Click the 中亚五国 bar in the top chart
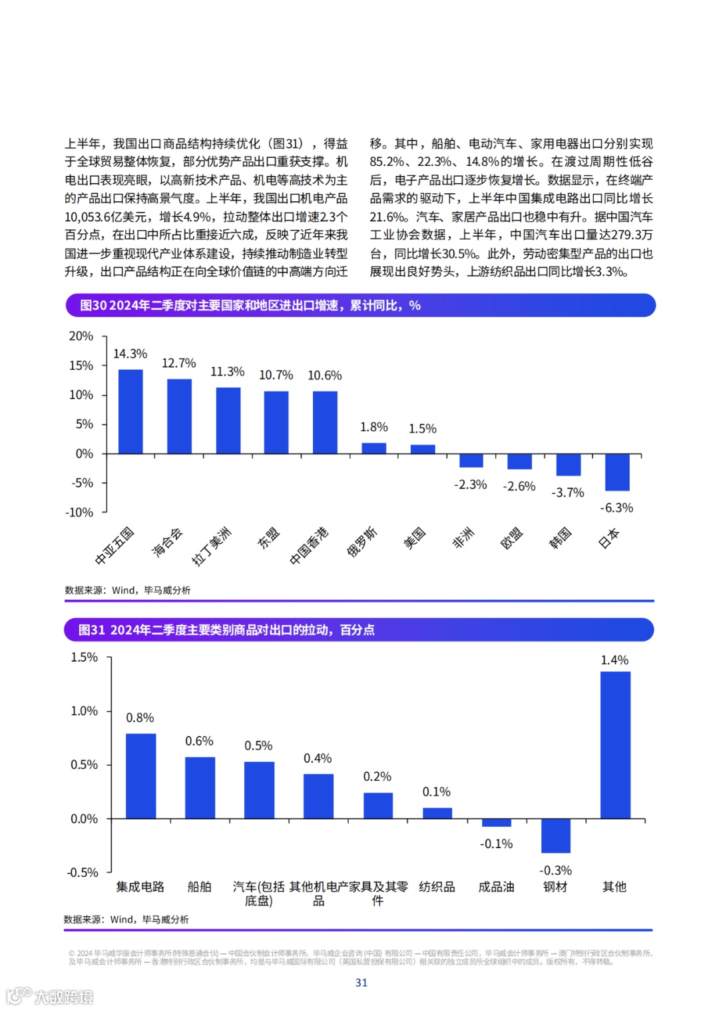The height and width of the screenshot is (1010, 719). click(130, 411)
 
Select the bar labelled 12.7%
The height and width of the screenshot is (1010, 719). click(179, 416)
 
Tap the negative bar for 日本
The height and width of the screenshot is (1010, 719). click(617, 472)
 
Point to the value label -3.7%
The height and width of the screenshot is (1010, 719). click(568, 492)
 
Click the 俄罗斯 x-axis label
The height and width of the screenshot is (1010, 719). click(362, 541)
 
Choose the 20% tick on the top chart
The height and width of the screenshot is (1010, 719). click(81, 336)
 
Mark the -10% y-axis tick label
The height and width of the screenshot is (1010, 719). click(79, 512)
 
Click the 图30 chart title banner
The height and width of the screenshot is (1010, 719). click(360, 305)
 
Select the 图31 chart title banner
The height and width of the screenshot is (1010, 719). click(359, 630)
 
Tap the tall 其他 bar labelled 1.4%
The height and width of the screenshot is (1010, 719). click(615, 744)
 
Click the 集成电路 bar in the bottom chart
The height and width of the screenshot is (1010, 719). click(140, 775)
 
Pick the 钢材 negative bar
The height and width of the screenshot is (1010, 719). click(556, 835)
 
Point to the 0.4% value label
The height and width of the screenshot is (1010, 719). click(318, 758)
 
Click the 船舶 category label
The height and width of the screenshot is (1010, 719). click(199, 887)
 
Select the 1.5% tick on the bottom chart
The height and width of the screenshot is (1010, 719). click(85, 657)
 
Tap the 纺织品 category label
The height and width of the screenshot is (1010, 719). click(437, 887)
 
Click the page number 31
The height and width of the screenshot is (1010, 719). click(361, 983)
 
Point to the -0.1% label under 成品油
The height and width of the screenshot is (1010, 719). click(497, 843)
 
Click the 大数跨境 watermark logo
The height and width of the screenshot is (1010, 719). click(50, 996)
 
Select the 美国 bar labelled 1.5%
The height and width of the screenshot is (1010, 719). click(423, 449)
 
